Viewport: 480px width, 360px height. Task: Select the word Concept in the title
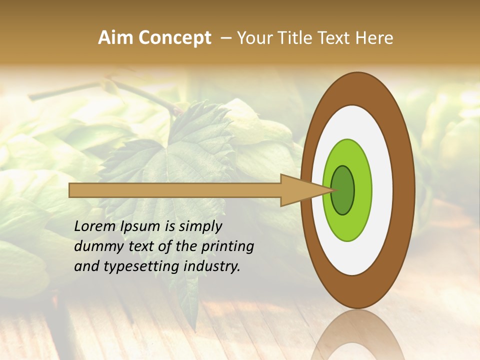tap(174, 38)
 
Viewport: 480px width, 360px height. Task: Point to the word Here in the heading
tap(375, 38)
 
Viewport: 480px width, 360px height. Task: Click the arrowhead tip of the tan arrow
tap(330, 190)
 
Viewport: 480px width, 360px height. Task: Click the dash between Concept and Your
tap(226, 38)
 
